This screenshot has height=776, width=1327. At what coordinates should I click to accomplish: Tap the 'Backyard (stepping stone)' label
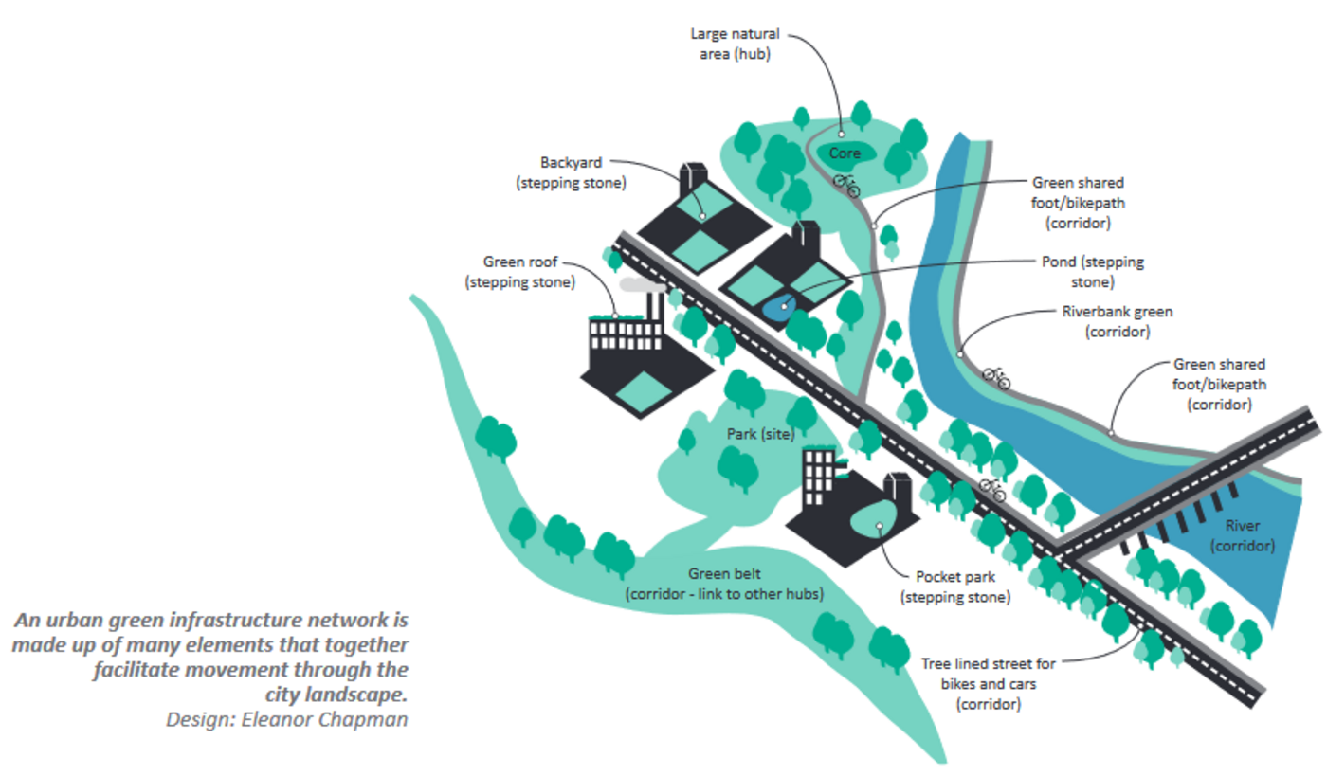[572, 172]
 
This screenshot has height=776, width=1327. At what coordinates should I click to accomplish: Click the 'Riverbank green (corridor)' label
[1118, 321]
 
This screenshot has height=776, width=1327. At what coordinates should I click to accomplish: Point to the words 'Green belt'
[723, 574]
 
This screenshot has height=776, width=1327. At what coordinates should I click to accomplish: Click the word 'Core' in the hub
[845, 153]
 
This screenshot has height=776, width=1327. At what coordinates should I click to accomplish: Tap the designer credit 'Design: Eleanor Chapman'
[287, 718]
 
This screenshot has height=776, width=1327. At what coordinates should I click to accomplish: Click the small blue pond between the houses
[777, 307]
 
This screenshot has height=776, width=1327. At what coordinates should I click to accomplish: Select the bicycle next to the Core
[846, 184]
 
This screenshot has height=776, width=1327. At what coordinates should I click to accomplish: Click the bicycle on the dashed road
[992, 490]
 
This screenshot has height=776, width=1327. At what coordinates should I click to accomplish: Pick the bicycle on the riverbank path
[996, 377]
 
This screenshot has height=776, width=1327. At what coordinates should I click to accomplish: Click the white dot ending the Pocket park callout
[881, 526]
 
